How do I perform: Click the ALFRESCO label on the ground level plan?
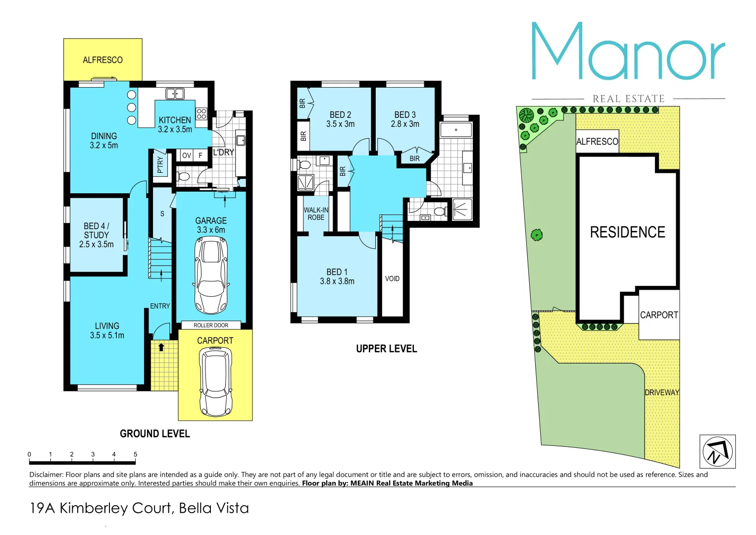tap(102, 60)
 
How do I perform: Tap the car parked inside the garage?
tap(211, 275)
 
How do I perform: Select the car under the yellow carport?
tap(215, 381)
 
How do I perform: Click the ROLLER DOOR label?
tap(211, 325)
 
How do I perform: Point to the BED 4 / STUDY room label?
tap(96, 235)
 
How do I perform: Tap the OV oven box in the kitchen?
tap(186, 156)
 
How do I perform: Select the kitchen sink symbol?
tap(174, 93)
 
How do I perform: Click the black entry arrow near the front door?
tap(161, 347)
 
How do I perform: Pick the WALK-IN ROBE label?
tap(316, 214)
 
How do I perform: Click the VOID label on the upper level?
tap(392, 279)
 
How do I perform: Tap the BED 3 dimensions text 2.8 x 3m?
tap(405, 124)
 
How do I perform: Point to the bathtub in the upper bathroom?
tap(456, 130)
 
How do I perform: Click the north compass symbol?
tap(717, 451)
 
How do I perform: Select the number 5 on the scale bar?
tap(135, 454)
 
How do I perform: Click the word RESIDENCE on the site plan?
tap(627, 232)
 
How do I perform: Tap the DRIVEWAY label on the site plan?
tap(661, 392)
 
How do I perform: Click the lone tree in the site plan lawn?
tap(537, 235)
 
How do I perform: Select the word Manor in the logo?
tap(628, 52)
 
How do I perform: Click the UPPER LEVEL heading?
tap(386, 349)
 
